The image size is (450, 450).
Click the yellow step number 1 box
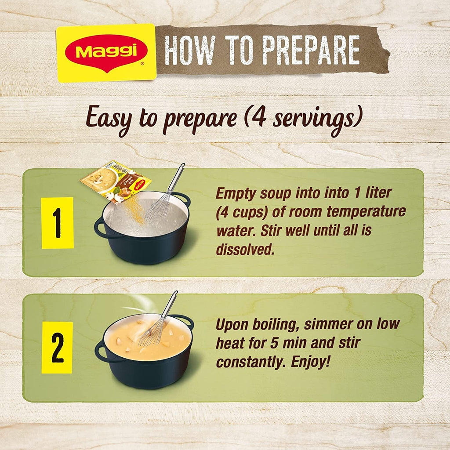(57, 223)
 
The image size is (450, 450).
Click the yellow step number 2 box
(57, 348)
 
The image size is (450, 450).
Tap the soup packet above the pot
(116, 181)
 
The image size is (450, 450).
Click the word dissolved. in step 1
(245, 249)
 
